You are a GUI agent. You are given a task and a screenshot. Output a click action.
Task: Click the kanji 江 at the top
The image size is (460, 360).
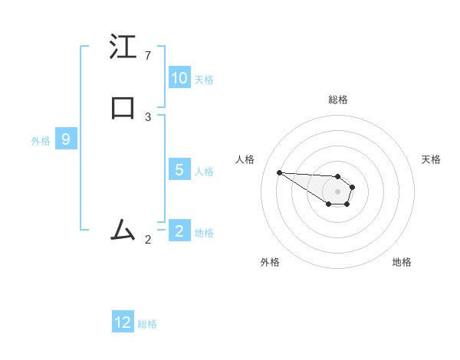pyautogui.click(x=123, y=48)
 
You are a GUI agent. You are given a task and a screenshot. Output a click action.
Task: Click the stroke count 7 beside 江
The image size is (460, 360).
pyautogui.click(x=148, y=56)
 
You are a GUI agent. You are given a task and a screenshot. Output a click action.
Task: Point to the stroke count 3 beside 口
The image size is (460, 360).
pyautogui.click(x=148, y=117)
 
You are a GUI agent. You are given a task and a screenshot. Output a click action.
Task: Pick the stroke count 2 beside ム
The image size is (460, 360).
pyautogui.click(x=148, y=240)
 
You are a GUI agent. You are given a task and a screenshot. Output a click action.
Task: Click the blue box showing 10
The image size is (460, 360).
pyautogui.click(x=179, y=78)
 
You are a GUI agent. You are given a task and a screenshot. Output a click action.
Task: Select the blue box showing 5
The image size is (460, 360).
pyautogui.click(x=179, y=170)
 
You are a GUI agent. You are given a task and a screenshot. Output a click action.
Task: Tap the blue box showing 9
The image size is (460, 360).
pyautogui.click(x=66, y=139)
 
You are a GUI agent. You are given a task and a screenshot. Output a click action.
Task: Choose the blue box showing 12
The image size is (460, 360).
pyautogui.click(x=123, y=322)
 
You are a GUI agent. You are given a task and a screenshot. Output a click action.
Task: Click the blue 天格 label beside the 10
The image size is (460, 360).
pyautogui.click(x=204, y=79)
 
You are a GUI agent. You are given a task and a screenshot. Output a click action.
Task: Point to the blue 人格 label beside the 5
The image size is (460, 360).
pyautogui.click(x=204, y=171)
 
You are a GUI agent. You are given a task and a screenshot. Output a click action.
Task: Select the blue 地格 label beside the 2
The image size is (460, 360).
pyautogui.click(x=204, y=232)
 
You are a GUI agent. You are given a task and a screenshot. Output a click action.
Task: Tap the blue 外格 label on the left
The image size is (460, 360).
pyautogui.click(x=41, y=140)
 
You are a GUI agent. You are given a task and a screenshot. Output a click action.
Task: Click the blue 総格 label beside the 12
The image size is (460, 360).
pyautogui.click(x=147, y=323)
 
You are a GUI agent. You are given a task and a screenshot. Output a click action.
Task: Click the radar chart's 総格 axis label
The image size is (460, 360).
pyautogui.click(x=338, y=100)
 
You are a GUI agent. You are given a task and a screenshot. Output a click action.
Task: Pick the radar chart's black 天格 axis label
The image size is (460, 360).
pyautogui.click(x=431, y=159)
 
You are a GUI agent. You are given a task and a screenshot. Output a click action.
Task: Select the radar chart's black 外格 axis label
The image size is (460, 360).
pyautogui.click(x=270, y=262)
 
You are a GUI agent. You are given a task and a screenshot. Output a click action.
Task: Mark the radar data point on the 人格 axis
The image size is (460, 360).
pyautogui.click(x=279, y=172)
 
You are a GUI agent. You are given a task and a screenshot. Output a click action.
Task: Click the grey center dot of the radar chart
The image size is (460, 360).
pyautogui.click(x=337, y=191)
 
